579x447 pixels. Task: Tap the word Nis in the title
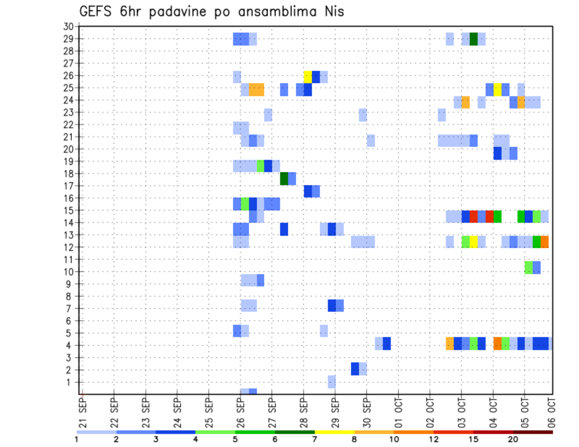tap(332, 11)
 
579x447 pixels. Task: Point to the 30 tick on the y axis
tap(68, 27)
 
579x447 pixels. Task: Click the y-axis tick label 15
tap(68, 210)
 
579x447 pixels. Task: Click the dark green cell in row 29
tap(473, 39)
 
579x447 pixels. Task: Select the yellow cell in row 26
tap(308, 77)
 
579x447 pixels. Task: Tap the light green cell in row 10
tap(528, 267)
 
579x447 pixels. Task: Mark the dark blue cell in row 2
tap(355, 368)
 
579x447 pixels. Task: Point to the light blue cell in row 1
tap(332, 381)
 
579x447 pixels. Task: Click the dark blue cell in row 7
tap(332, 305)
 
